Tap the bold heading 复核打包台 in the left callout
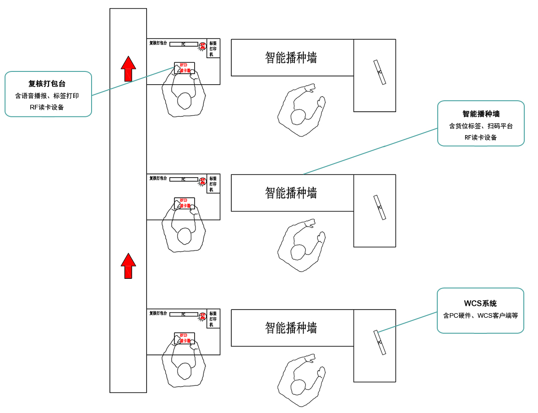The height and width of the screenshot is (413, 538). point(47,84)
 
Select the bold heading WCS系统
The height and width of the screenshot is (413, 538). point(480,304)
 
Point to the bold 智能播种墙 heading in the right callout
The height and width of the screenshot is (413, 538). point(481,114)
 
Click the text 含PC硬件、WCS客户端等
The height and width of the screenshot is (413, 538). point(480,315)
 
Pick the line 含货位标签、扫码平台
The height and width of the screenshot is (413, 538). point(481,126)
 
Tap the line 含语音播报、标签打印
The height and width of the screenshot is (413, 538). point(47,96)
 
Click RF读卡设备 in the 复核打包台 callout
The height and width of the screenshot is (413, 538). point(47,108)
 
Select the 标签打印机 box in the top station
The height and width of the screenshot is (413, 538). point(213,48)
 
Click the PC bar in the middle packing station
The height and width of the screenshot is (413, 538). point(184,179)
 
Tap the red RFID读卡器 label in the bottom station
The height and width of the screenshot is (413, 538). point(185,338)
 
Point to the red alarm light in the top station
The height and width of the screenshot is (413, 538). point(202,46)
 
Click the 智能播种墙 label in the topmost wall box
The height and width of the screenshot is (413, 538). point(291,58)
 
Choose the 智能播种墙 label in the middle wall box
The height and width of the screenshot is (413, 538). point(291,193)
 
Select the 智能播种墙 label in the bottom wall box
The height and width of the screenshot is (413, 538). point(291,328)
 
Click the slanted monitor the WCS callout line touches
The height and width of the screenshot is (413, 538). point(380,342)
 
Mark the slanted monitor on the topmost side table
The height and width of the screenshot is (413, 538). point(380,72)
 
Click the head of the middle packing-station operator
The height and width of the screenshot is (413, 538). point(184,235)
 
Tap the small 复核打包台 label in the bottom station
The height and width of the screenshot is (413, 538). point(158,314)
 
